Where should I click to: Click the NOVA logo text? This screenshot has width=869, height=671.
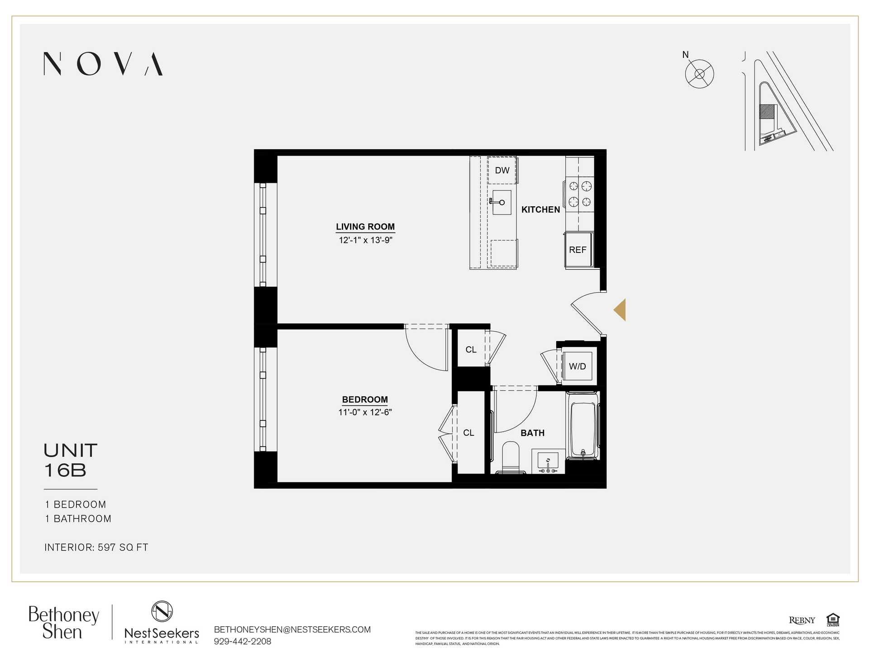pyautogui.click(x=103, y=64)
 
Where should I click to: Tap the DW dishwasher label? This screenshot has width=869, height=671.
pyautogui.click(x=502, y=171)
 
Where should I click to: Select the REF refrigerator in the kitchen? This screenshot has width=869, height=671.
pyautogui.click(x=578, y=250)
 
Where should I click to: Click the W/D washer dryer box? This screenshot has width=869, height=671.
pyautogui.click(x=577, y=366)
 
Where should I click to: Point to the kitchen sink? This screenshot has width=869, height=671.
pyautogui.click(x=501, y=202)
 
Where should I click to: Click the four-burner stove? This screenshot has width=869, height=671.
pyautogui.click(x=580, y=193)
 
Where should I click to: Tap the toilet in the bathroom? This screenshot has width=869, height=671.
pyautogui.click(x=511, y=457)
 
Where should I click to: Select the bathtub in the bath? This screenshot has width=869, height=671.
pyautogui.click(x=584, y=425)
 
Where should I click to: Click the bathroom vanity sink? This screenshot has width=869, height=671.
pyautogui.click(x=548, y=462)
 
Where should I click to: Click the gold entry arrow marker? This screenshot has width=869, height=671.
pyautogui.click(x=620, y=310)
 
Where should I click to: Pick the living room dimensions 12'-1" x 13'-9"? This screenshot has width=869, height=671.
pyautogui.click(x=365, y=240)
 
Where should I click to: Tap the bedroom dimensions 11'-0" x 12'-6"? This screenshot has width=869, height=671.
pyautogui.click(x=365, y=412)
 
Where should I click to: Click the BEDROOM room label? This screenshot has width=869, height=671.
pyautogui.click(x=365, y=400)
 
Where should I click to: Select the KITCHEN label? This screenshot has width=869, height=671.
pyautogui.click(x=540, y=209)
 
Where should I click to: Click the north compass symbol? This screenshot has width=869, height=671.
pyautogui.click(x=699, y=74)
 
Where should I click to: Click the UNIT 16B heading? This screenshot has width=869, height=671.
pyautogui.click(x=71, y=460)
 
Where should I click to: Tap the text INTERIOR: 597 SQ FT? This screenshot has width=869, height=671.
pyautogui.click(x=96, y=547)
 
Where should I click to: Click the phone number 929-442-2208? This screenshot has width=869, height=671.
pyautogui.click(x=243, y=641)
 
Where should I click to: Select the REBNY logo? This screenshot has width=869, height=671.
pyautogui.click(x=802, y=620)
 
